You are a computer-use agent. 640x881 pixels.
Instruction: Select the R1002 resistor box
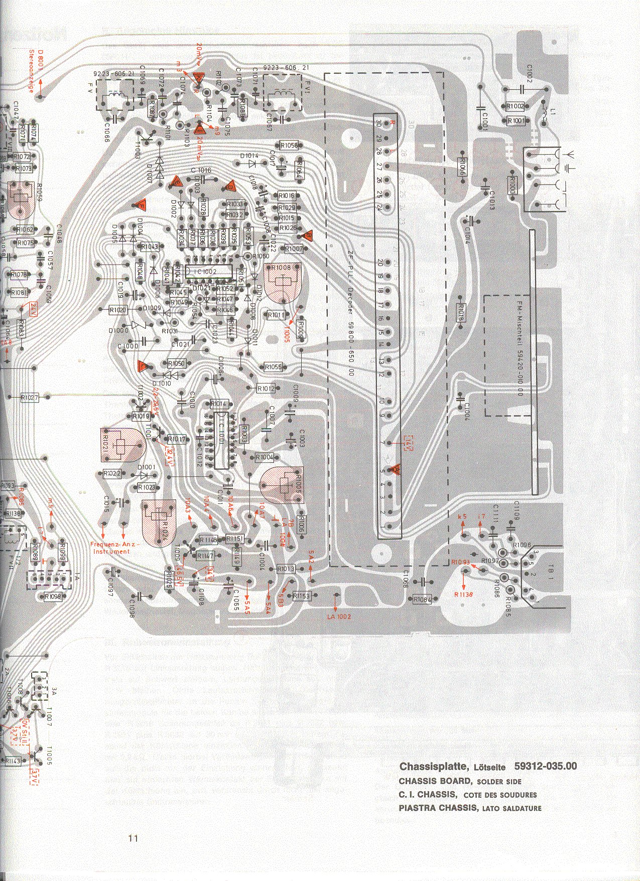(x=515, y=106)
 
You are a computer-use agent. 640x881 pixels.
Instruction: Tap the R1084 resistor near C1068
(x=422, y=599)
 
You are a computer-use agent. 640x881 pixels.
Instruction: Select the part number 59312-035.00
(x=545, y=766)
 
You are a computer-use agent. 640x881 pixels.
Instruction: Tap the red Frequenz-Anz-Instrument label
(x=116, y=548)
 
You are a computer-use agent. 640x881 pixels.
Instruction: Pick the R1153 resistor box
(x=302, y=595)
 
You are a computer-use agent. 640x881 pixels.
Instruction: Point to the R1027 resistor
(x=30, y=398)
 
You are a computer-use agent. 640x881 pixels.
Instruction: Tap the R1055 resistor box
(x=274, y=367)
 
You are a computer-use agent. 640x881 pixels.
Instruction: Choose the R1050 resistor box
(x=176, y=363)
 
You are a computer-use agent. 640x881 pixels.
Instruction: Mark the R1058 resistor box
(x=289, y=146)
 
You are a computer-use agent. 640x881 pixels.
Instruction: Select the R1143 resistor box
(x=13, y=761)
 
